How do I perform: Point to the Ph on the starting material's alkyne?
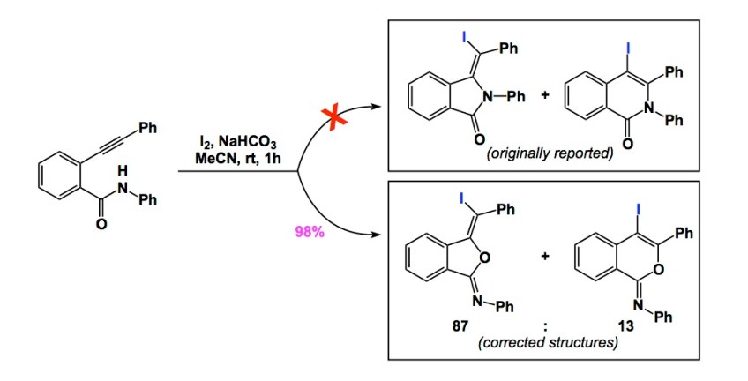click(x=148, y=128)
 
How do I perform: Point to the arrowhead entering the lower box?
click(x=382, y=236)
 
